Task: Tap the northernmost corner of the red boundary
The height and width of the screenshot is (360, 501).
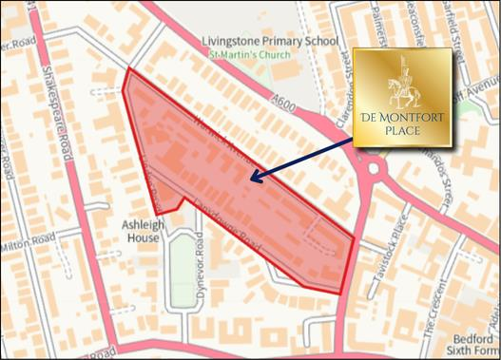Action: pos(128,69)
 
